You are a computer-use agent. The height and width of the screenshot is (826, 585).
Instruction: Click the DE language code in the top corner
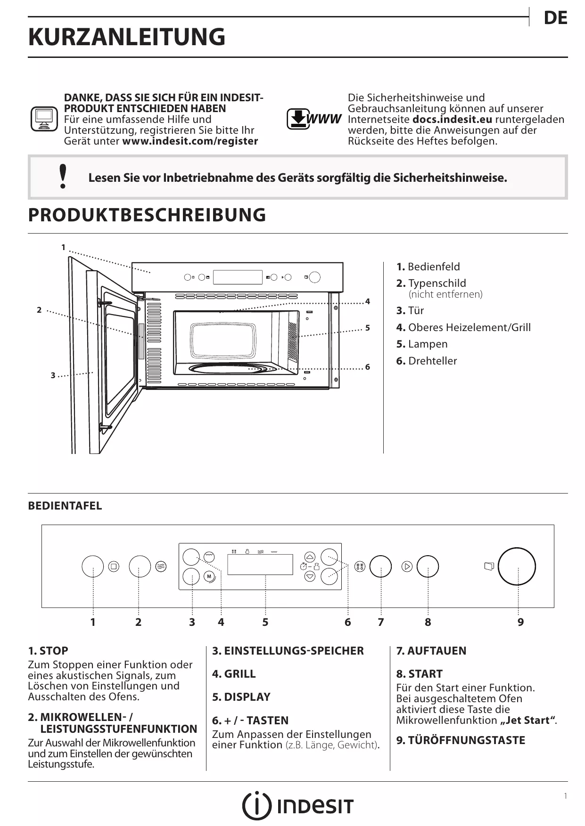[x=555, y=18]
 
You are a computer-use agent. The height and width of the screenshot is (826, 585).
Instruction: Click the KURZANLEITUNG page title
[x=127, y=37]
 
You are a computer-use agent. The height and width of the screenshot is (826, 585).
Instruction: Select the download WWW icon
[x=313, y=119]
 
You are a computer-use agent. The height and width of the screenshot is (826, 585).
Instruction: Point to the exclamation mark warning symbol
[x=63, y=177]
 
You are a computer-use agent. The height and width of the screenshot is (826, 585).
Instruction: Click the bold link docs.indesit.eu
[x=452, y=119]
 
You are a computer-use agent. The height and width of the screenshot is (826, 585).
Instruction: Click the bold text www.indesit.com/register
[x=190, y=141]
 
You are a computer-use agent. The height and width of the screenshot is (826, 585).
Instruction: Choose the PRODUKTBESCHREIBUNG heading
[x=147, y=215]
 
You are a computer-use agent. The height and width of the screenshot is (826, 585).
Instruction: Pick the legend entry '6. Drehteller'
[x=427, y=361]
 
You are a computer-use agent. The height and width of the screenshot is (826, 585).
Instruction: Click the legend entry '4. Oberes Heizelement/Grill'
[x=463, y=327]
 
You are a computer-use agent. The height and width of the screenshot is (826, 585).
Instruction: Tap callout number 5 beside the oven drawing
[x=367, y=328]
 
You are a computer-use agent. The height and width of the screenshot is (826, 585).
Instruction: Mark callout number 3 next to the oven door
[x=53, y=375]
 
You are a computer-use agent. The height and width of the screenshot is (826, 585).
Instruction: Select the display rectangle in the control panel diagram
[x=260, y=564]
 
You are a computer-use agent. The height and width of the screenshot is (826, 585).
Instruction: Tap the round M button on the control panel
[x=209, y=576]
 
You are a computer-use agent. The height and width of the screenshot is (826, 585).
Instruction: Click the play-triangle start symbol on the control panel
[x=407, y=566]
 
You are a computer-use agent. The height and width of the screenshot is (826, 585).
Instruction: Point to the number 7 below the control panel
[x=380, y=622]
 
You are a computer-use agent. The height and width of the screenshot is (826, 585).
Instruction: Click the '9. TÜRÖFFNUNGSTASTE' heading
[x=460, y=740]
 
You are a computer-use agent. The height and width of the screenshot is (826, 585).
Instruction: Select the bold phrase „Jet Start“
[x=527, y=720]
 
